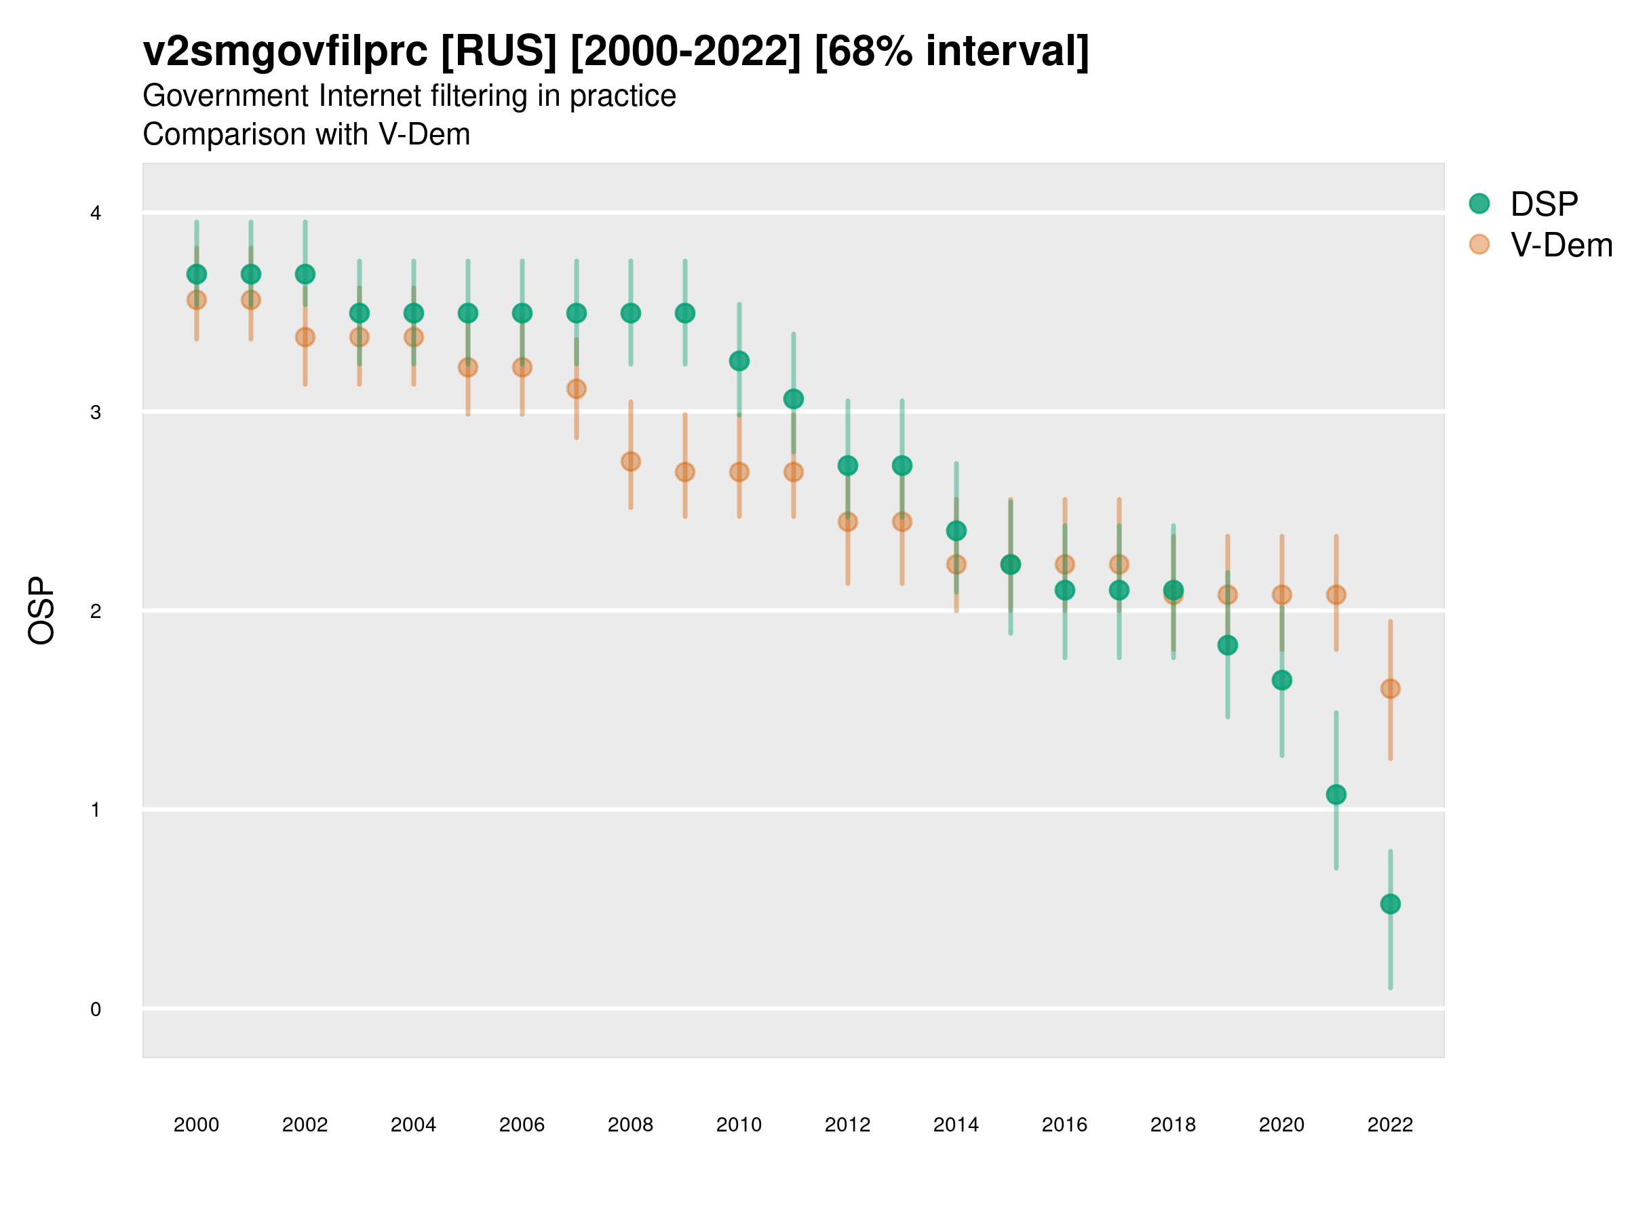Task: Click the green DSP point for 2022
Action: (x=1391, y=904)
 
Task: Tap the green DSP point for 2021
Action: (x=1336, y=794)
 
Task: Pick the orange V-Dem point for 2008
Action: (x=631, y=461)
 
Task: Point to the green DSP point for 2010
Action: (x=739, y=361)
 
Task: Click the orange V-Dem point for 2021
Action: (x=1336, y=595)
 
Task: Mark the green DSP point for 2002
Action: (x=305, y=275)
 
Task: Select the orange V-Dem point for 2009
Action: (x=685, y=471)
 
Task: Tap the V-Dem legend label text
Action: (x=1561, y=245)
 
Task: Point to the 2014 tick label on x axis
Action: (x=956, y=1125)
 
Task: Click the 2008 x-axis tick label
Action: (x=631, y=1125)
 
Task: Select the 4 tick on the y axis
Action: (x=96, y=214)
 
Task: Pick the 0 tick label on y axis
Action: (x=96, y=1009)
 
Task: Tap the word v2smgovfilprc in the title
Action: (x=285, y=52)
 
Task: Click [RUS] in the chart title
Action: (x=499, y=52)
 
